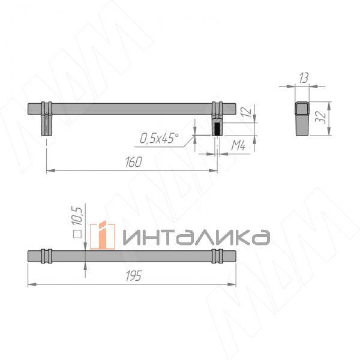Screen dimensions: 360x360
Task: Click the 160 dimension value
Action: point(133,162)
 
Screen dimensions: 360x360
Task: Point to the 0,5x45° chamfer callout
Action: point(160,139)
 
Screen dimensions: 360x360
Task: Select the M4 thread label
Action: point(240,145)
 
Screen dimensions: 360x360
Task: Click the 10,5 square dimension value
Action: point(77,216)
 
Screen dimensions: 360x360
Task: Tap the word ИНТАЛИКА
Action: point(196,237)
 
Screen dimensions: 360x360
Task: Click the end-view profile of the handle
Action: point(301,118)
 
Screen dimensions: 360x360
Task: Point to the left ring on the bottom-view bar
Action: point(47,255)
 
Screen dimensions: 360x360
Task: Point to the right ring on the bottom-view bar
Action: point(217,255)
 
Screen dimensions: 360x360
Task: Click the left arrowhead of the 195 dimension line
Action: point(32,283)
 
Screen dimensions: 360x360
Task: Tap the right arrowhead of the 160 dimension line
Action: point(214,170)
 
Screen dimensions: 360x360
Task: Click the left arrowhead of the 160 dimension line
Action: point(49,170)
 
